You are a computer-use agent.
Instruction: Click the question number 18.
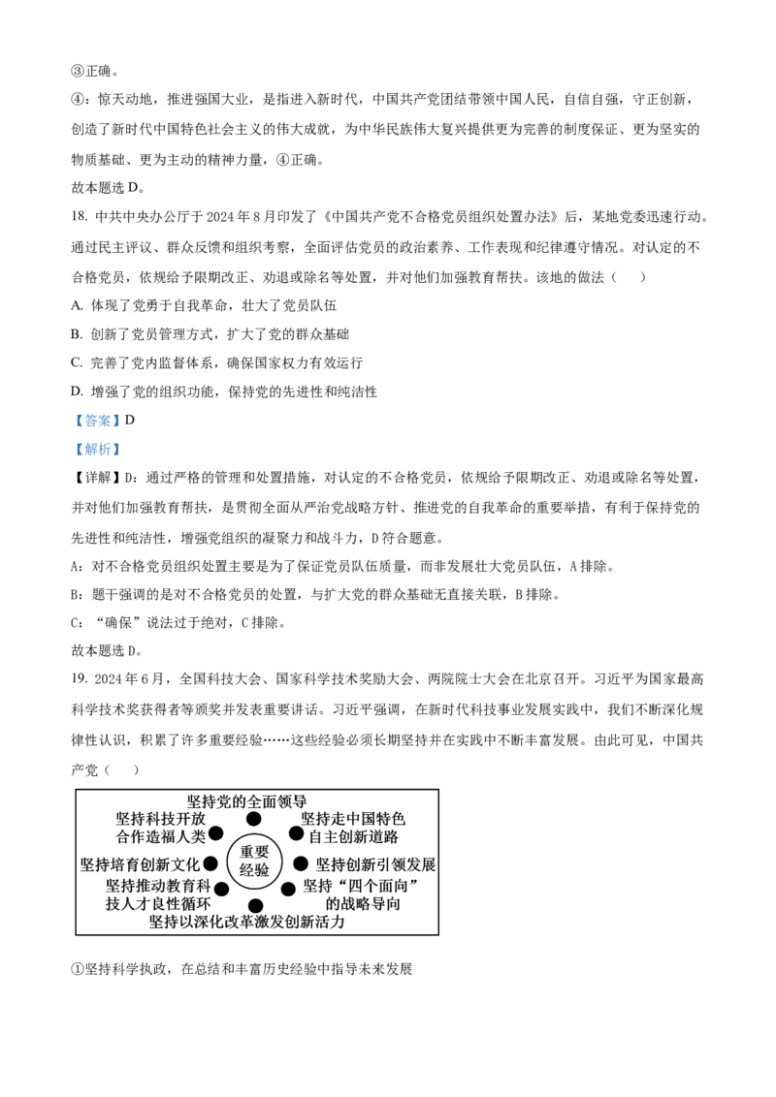point(79,217)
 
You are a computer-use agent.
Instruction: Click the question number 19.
point(79,678)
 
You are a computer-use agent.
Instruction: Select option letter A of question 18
point(77,305)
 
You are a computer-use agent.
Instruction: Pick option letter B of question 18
point(77,334)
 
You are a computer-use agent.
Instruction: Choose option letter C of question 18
point(77,363)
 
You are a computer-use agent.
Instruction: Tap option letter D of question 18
point(77,392)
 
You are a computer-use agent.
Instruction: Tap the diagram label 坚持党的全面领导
point(246,801)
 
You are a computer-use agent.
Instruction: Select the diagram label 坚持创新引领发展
point(375,864)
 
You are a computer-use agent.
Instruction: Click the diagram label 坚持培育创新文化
point(140,864)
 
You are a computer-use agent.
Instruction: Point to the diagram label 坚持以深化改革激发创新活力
point(246,923)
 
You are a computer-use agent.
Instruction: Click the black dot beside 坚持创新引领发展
point(300,864)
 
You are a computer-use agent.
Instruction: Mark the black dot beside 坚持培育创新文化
point(210,864)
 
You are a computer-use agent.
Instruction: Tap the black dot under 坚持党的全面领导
point(253,819)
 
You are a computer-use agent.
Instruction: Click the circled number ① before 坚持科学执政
point(78,970)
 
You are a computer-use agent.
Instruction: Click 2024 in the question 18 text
point(219,217)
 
